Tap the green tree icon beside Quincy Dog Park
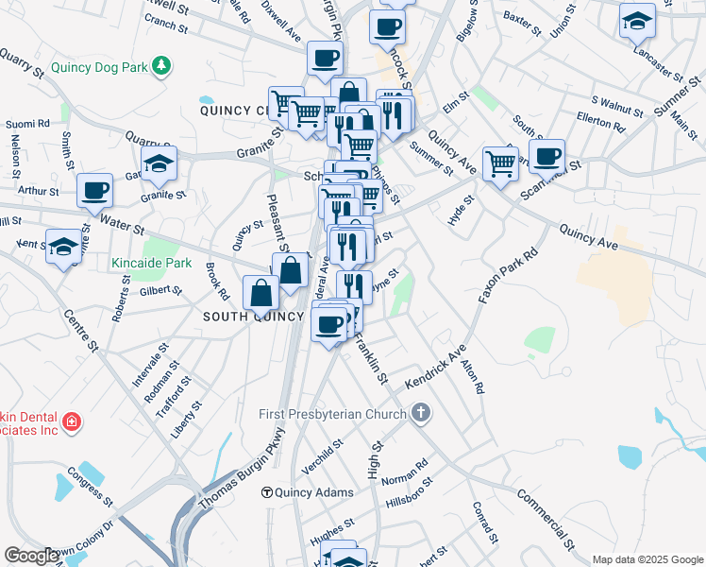point(163,65)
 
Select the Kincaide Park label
point(151,263)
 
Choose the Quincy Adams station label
point(314,492)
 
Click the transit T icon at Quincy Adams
point(267,492)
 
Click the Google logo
point(31,556)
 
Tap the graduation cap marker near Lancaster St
point(637,21)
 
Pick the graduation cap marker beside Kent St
point(64,248)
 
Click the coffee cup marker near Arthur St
point(94,191)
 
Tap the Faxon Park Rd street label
point(507,275)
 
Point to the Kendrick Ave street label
point(437,369)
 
